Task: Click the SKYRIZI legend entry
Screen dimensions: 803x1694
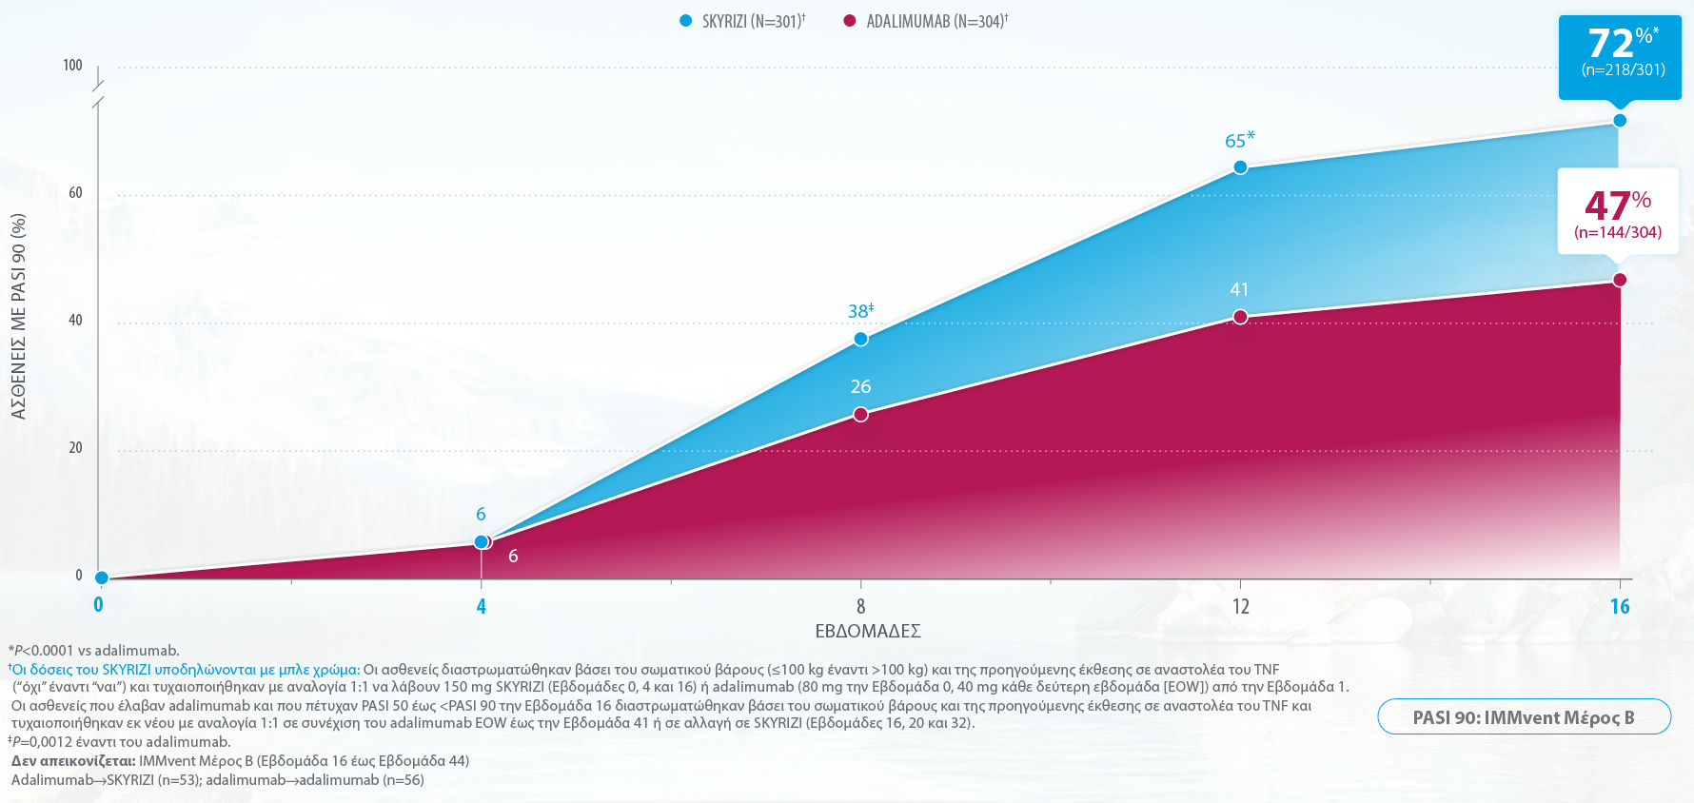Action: tap(742, 21)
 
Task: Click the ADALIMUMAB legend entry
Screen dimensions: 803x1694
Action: tap(926, 21)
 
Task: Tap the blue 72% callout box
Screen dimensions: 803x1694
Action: tap(1620, 55)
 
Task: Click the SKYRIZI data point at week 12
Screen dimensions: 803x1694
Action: tap(1240, 167)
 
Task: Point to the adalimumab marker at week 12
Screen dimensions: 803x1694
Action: tap(1240, 317)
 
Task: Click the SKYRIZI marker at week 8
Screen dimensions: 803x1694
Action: tap(860, 340)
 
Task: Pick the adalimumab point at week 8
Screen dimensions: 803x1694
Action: tap(860, 415)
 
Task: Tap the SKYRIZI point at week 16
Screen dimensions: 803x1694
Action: tap(1620, 121)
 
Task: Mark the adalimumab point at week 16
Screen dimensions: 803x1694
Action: tap(1620, 280)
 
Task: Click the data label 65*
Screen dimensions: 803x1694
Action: tap(1239, 141)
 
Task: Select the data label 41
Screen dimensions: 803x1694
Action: tap(1239, 290)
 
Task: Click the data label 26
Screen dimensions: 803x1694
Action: tap(860, 387)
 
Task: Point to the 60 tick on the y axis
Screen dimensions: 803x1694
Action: tap(75, 193)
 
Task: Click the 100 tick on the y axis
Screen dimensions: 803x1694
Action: tap(72, 66)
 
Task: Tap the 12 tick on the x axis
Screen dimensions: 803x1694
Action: tap(1240, 607)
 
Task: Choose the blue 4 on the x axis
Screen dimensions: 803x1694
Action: tap(482, 607)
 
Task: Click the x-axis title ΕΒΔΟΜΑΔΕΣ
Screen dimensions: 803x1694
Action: tap(868, 632)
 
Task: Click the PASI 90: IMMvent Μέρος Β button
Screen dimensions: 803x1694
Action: tap(1524, 717)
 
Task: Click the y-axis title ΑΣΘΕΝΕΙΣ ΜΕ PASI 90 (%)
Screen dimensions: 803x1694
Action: tap(19, 317)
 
